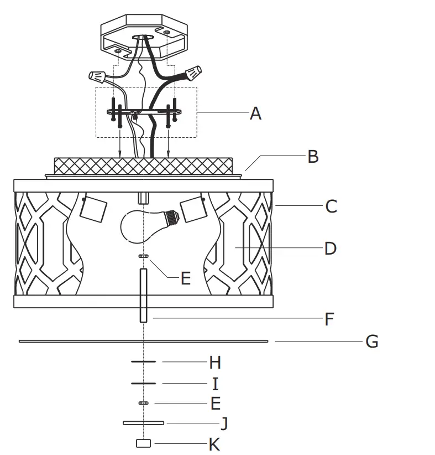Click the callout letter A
tap(255, 113)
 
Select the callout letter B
tap(313, 157)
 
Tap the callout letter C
tap(331, 206)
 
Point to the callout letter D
tap(330, 248)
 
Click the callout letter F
tap(329, 319)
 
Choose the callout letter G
tap(372, 342)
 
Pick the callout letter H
tap(215, 363)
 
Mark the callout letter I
tap(215, 384)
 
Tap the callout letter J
tap(224, 424)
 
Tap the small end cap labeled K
tap(144, 443)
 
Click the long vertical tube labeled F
tap(143, 296)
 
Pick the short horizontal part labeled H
tap(143, 361)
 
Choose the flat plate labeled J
tap(143, 423)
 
